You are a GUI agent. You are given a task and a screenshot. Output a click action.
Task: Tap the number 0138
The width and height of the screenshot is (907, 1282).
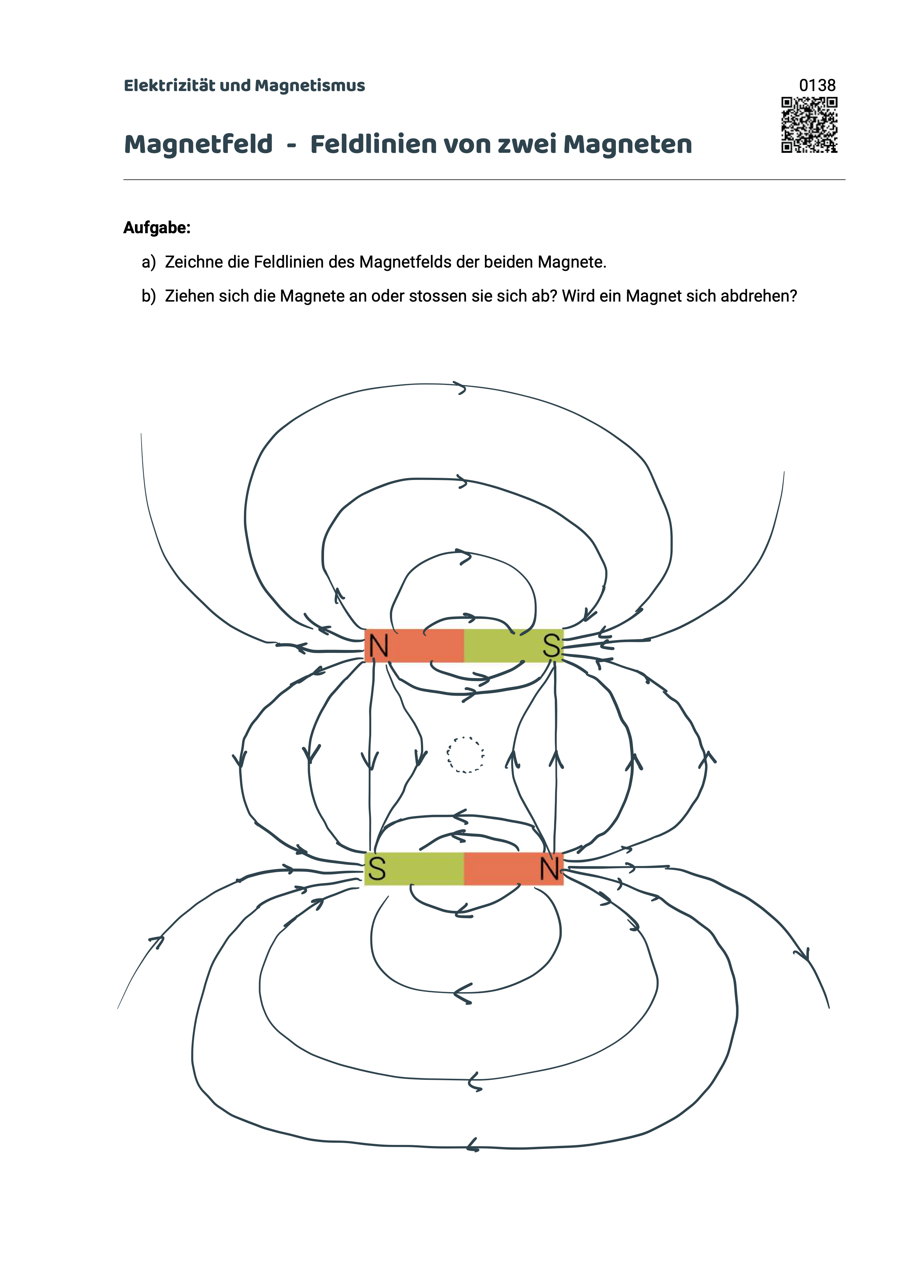click(817, 86)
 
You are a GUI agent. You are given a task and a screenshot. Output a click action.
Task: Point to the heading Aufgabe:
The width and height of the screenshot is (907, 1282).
click(157, 228)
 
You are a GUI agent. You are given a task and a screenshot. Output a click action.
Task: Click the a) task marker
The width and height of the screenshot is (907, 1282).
click(148, 262)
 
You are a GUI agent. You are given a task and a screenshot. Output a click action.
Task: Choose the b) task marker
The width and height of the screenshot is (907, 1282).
click(148, 296)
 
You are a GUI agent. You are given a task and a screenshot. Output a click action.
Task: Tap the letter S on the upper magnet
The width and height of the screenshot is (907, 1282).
click(551, 646)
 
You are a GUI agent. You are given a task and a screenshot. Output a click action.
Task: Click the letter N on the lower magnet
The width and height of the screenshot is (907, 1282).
click(550, 869)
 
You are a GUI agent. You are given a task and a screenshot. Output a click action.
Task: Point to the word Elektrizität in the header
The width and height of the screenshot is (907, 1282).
click(169, 86)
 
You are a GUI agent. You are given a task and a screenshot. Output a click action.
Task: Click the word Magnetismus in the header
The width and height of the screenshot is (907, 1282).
click(310, 86)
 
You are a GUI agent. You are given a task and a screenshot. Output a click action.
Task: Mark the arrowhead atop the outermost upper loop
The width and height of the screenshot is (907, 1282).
click(461, 387)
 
